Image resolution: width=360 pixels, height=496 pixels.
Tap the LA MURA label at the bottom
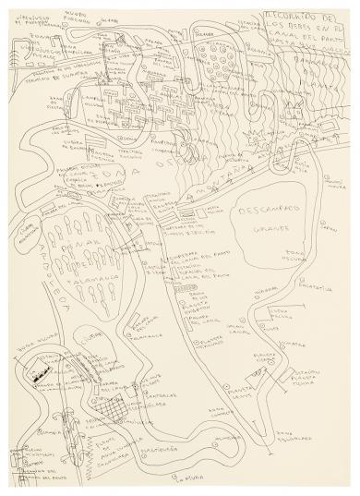[x=167, y=475]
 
